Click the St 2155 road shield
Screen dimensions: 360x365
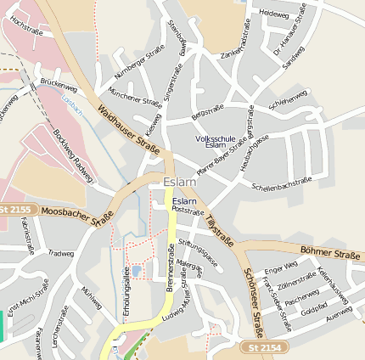click(x=15, y=209)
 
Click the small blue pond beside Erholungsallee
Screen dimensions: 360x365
click(x=136, y=271)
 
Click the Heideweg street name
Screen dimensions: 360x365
click(x=274, y=14)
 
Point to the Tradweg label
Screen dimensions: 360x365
click(x=62, y=252)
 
